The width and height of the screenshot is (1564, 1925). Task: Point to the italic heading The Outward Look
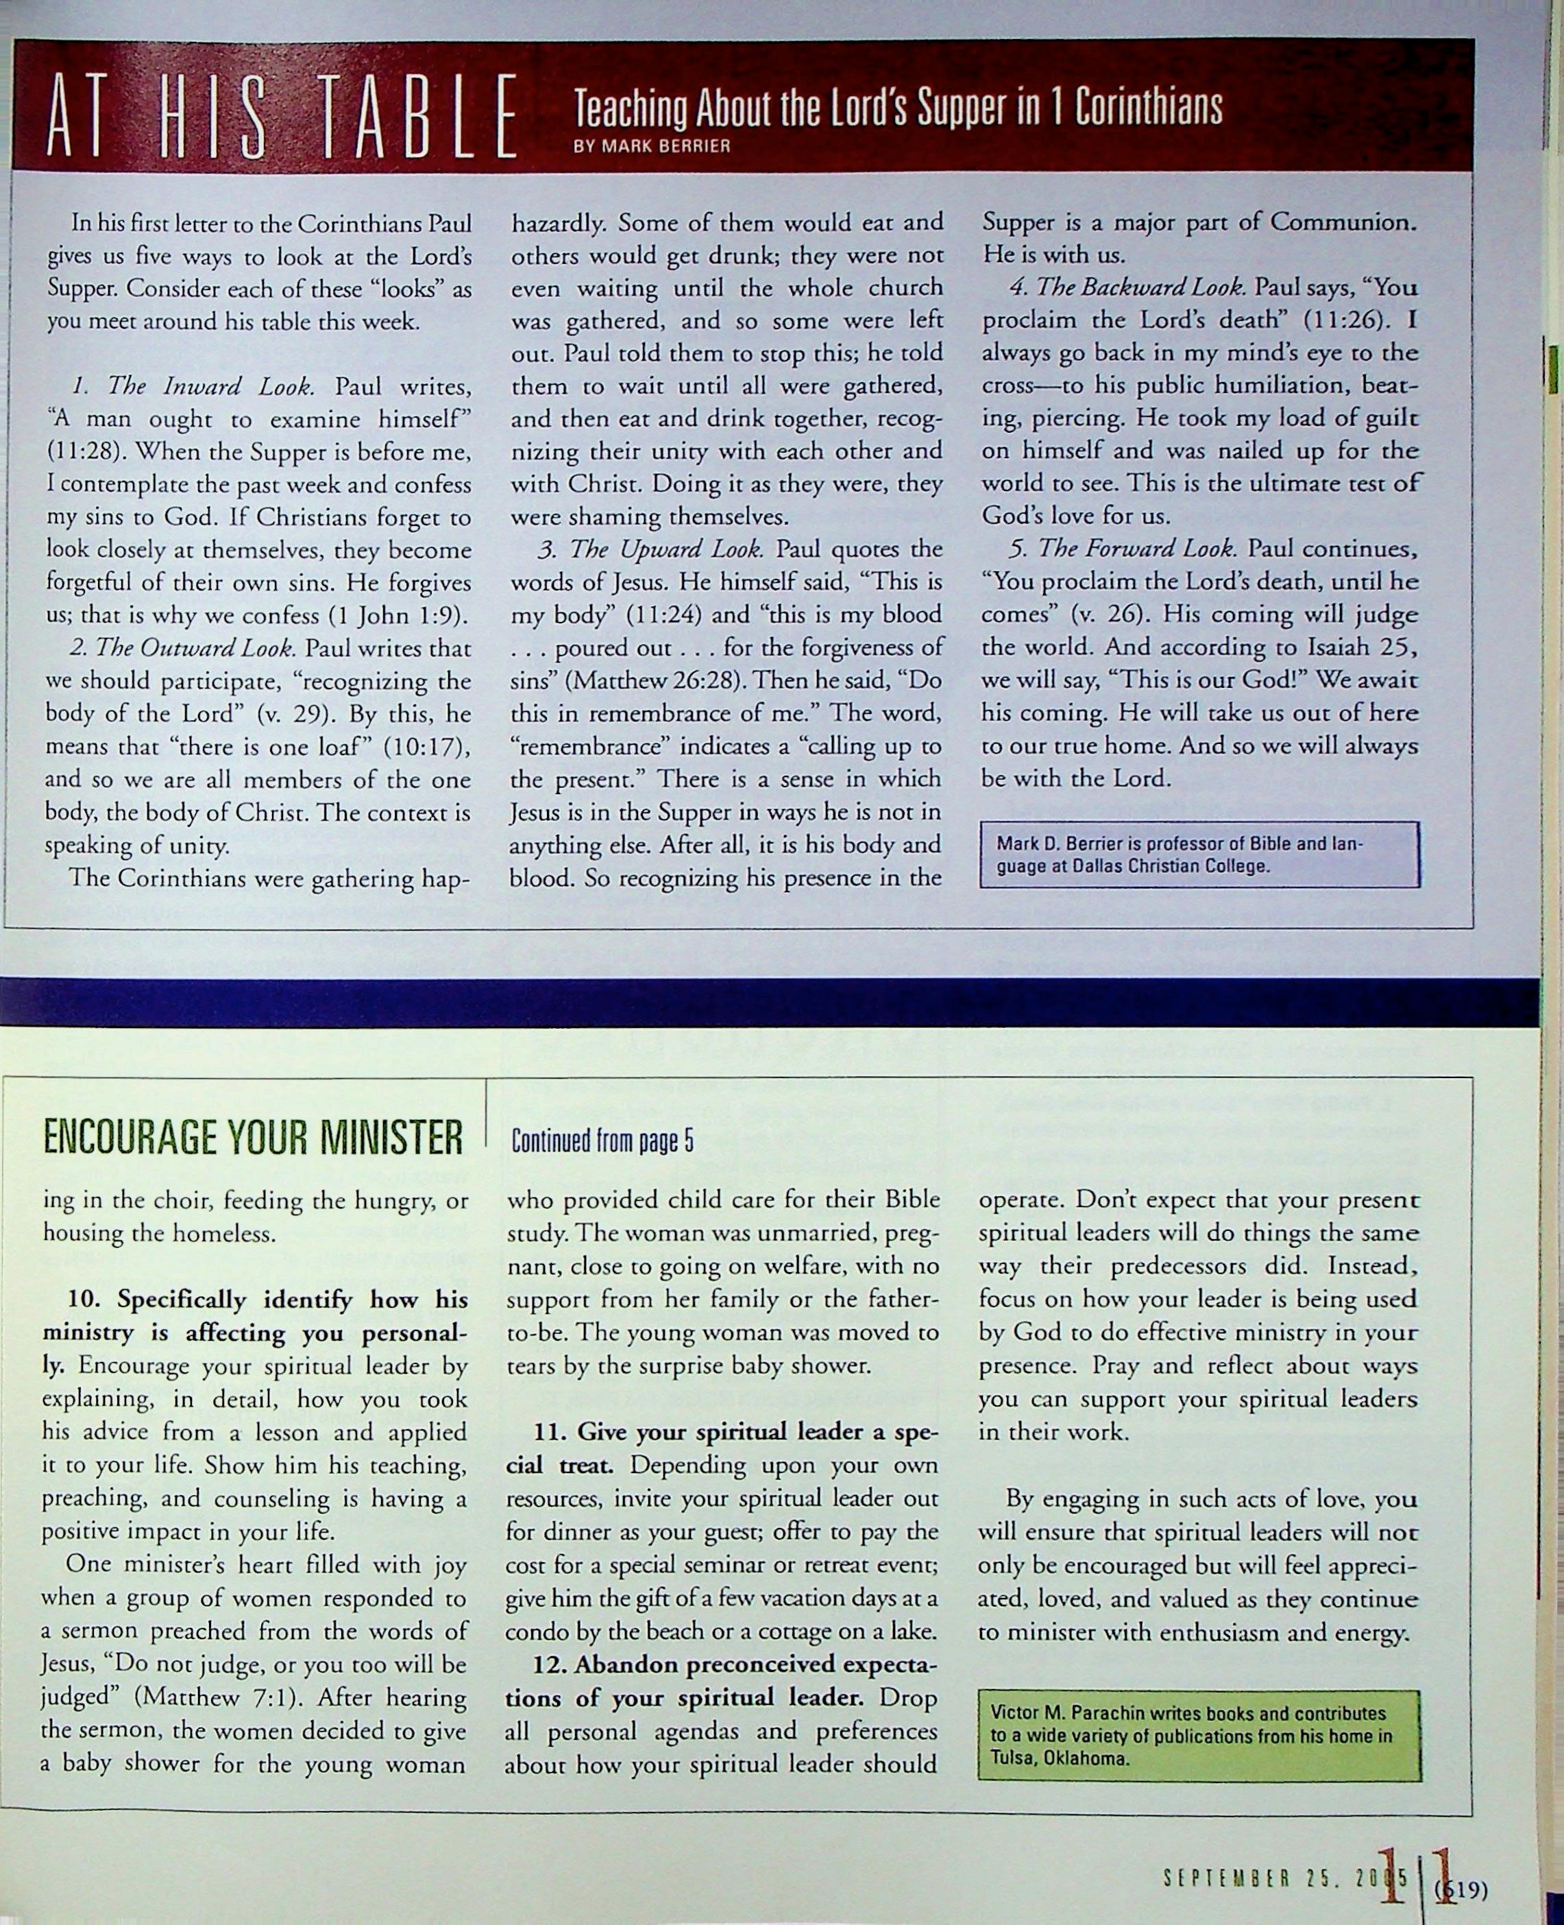click(x=195, y=648)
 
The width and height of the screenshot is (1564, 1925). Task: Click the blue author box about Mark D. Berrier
click(x=1199, y=854)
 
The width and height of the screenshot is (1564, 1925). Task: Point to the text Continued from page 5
click(x=602, y=1143)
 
